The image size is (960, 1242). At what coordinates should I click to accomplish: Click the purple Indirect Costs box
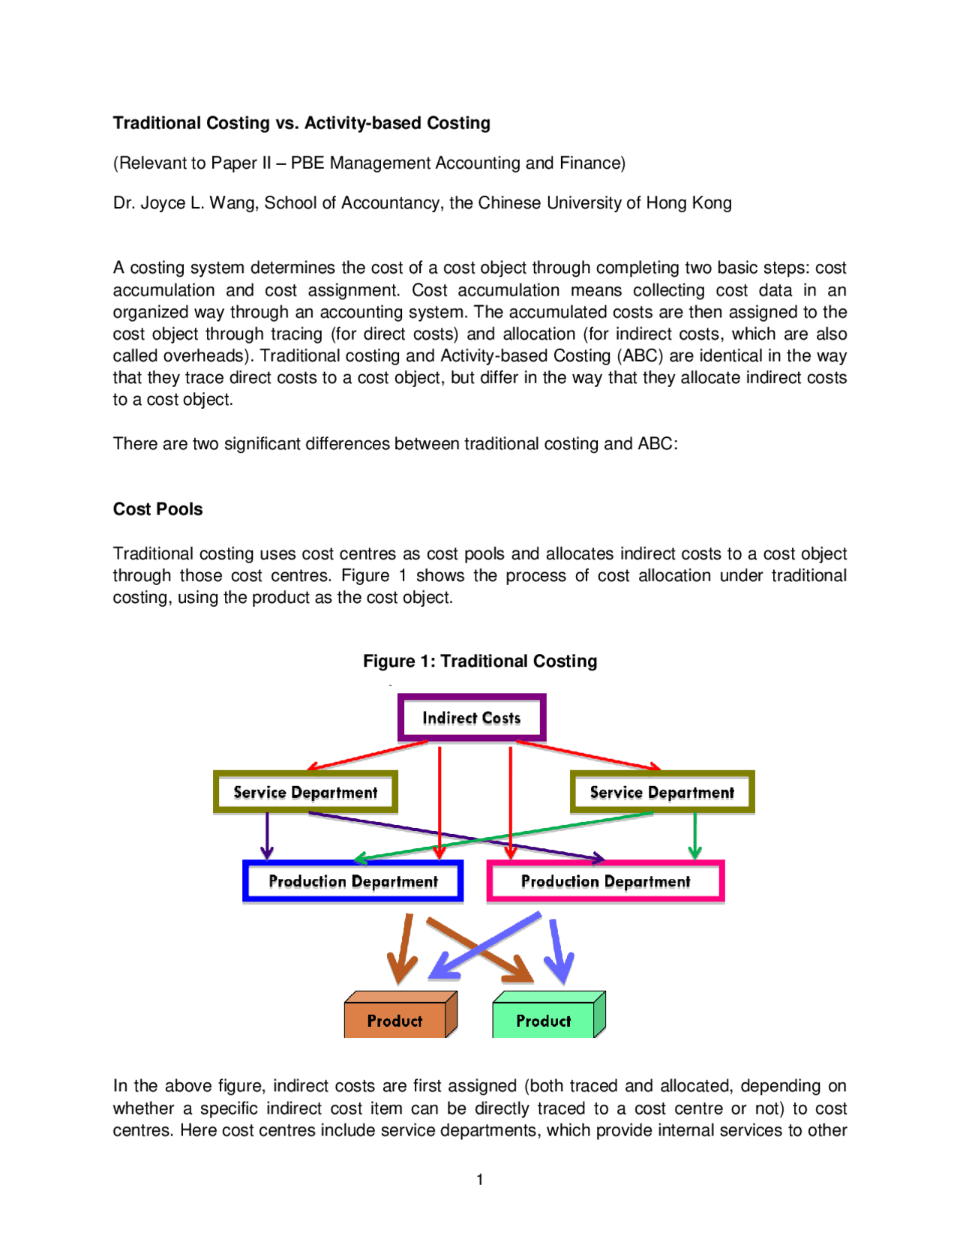point(471,718)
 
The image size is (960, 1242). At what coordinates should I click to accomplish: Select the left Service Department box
point(305,792)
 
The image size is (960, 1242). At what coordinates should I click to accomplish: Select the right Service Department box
point(661,792)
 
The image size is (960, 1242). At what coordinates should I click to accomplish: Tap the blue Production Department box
point(352,881)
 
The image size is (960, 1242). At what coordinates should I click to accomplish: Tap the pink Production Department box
point(605,881)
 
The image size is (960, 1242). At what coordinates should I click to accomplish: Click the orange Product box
point(395,1020)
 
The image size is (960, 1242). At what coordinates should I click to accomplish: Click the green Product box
point(544,1020)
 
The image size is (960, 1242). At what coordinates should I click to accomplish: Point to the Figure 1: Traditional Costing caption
point(480,661)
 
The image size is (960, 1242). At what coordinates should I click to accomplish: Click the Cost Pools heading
point(157,509)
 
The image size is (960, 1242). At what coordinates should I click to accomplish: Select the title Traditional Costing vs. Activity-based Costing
point(301,123)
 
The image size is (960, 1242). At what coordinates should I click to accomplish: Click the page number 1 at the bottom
point(480,1179)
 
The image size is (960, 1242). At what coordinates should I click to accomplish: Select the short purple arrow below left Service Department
point(267,836)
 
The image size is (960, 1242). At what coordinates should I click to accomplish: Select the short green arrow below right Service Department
point(695,836)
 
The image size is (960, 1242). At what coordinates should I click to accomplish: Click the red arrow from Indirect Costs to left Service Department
point(367,755)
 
